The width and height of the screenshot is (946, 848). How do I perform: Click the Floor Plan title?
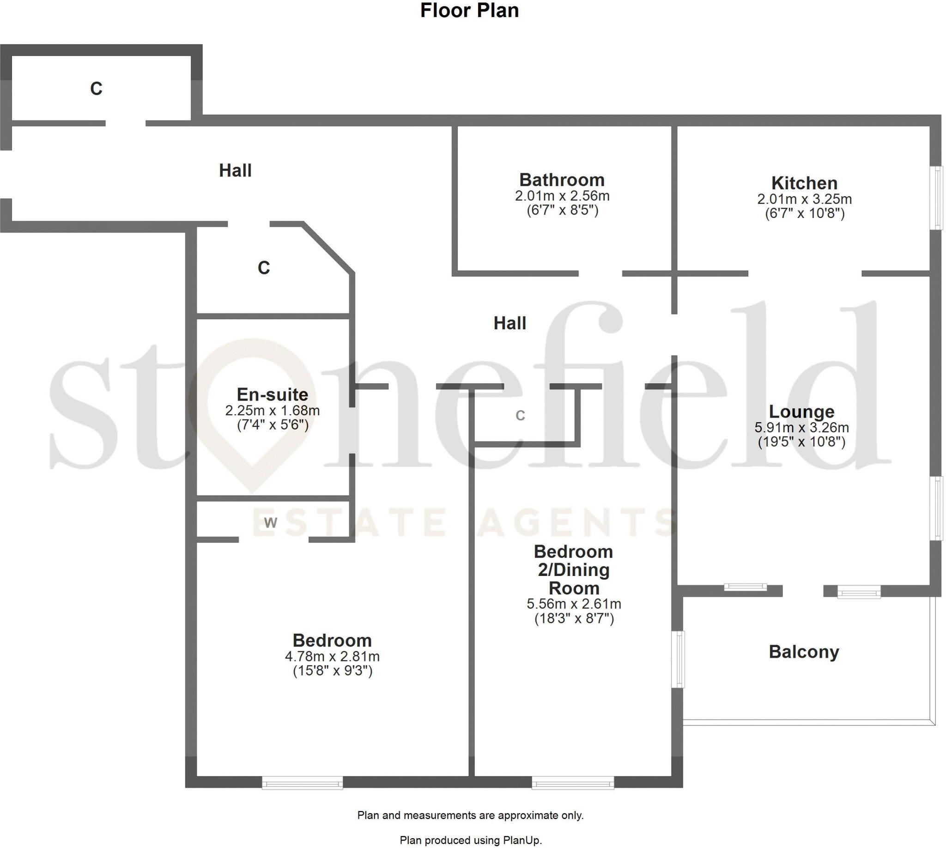point(469,11)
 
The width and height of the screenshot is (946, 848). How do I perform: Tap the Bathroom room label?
point(562,180)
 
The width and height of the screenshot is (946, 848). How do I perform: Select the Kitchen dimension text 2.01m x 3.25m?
point(804,199)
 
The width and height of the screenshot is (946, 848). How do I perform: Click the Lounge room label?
point(801,412)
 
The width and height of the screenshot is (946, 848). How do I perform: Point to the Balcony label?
point(804,651)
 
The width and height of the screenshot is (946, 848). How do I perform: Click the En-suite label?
point(272,394)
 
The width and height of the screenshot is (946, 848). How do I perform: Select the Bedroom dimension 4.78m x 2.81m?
point(332,656)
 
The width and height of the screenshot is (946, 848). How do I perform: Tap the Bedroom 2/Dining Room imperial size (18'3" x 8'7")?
point(574,618)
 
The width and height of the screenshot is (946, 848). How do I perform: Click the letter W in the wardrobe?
point(270,522)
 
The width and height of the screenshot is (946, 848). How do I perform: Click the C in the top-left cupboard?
point(96,89)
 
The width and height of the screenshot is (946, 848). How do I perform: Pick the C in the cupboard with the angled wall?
point(264,268)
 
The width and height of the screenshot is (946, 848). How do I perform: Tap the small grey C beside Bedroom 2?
point(520,415)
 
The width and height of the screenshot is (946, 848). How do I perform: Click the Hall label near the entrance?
point(235,170)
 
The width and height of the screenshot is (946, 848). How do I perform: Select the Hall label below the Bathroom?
point(510,323)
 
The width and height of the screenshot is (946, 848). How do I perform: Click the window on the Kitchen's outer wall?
point(936,198)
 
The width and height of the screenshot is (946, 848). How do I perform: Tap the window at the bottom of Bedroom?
point(303,782)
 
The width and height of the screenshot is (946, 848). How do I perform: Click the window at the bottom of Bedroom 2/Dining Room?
point(573,782)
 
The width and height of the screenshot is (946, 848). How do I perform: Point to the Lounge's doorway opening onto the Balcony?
point(802,591)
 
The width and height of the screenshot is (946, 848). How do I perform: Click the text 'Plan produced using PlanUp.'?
point(471,840)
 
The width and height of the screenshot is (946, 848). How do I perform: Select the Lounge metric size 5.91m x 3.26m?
point(801,427)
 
